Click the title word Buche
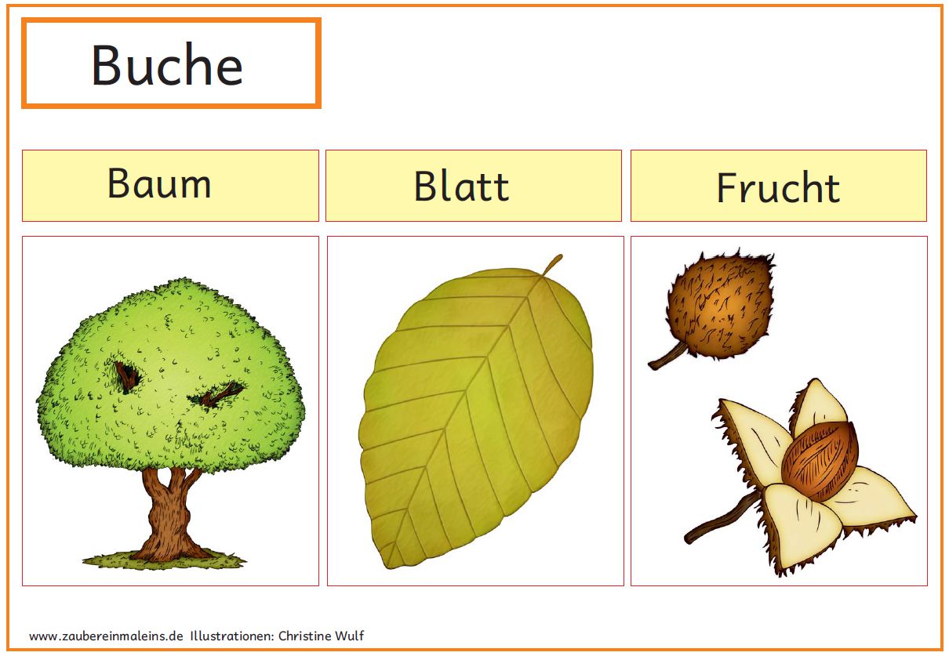click(x=167, y=64)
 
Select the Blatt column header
click(x=461, y=186)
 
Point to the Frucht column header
click(x=778, y=187)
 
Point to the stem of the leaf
click(x=553, y=265)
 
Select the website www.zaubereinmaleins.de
click(x=106, y=636)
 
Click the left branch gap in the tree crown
click(x=127, y=375)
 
